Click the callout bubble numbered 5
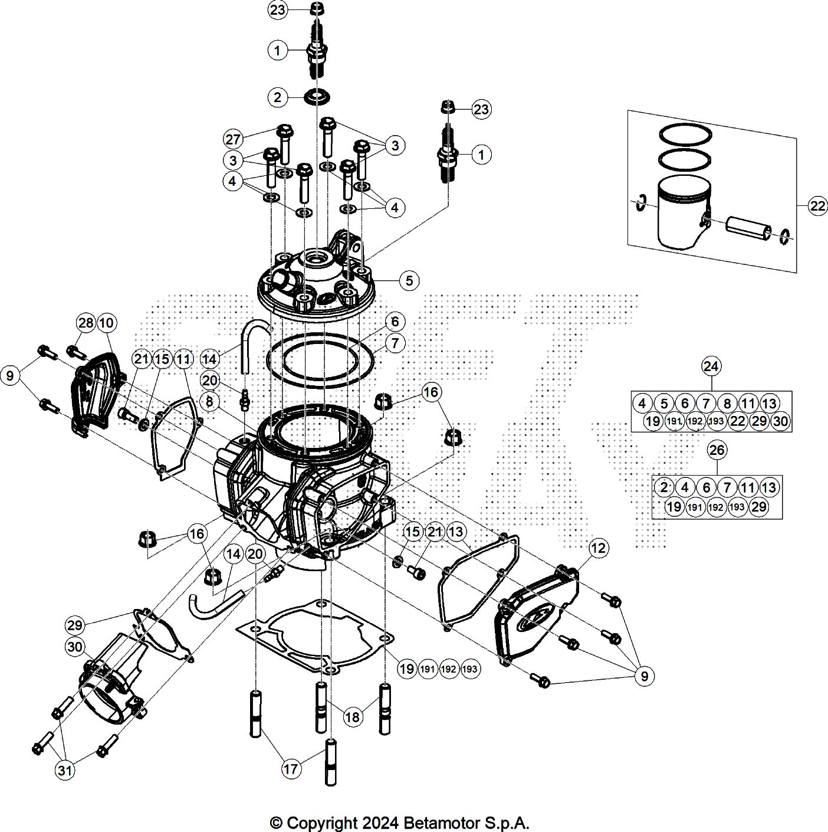pyautogui.click(x=409, y=280)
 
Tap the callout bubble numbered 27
pyautogui.click(x=233, y=139)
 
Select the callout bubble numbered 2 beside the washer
pyautogui.click(x=277, y=97)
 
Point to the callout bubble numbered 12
pyautogui.click(x=599, y=548)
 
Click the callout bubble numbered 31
pyautogui.click(x=65, y=770)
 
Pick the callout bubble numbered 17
pyautogui.click(x=291, y=768)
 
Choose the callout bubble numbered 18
pyautogui.click(x=352, y=717)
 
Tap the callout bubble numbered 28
pyautogui.click(x=86, y=323)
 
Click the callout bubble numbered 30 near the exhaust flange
pyautogui.click(x=75, y=647)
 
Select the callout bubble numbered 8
pyautogui.click(x=209, y=402)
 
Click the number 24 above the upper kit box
pyautogui.click(x=711, y=366)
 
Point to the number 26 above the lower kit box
pyautogui.click(x=717, y=450)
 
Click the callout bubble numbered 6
pyautogui.click(x=395, y=322)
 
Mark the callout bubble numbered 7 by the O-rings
pyautogui.click(x=395, y=343)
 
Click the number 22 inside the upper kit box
pyautogui.click(x=738, y=421)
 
